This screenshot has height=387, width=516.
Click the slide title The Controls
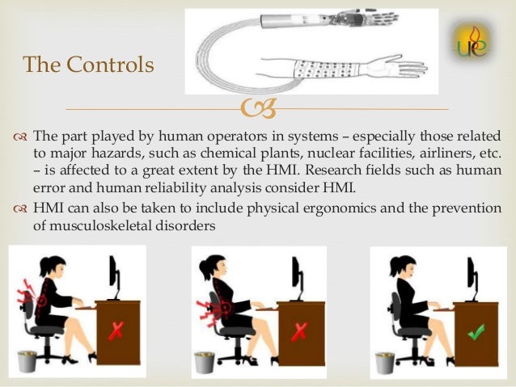pyautogui.click(x=88, y=64)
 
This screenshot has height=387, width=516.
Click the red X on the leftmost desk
pyautogui.click(x=116, y=331)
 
